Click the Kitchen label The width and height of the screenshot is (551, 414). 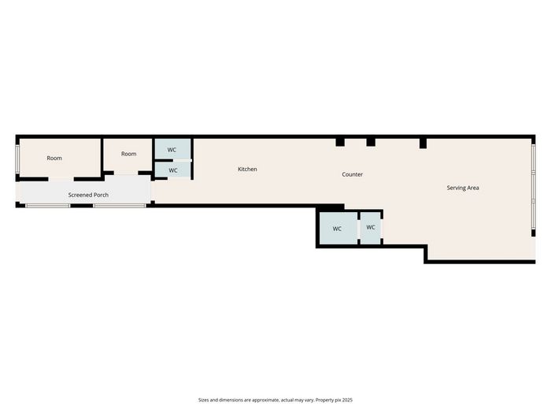247,170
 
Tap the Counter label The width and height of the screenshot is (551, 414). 353,174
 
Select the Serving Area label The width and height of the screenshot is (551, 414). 463,188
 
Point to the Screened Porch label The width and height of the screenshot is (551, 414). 88,195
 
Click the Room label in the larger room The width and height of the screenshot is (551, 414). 54,159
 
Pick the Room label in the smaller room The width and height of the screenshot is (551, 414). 128,154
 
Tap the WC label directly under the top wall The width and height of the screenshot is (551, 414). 172,150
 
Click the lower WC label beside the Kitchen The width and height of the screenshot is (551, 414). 173,170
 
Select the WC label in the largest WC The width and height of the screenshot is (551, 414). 337,229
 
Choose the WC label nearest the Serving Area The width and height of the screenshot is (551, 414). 371,227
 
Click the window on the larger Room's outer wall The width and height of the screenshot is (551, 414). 17,159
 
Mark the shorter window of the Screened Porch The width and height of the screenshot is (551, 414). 48,206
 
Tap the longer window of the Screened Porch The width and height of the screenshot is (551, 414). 120,206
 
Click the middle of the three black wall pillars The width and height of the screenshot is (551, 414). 371,142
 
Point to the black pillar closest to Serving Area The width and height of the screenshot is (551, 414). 423,144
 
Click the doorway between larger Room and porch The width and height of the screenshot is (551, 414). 61,179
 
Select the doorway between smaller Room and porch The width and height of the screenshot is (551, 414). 126,173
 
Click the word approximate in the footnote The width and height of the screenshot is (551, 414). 265,400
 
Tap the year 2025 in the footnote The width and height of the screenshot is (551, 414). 348,400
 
